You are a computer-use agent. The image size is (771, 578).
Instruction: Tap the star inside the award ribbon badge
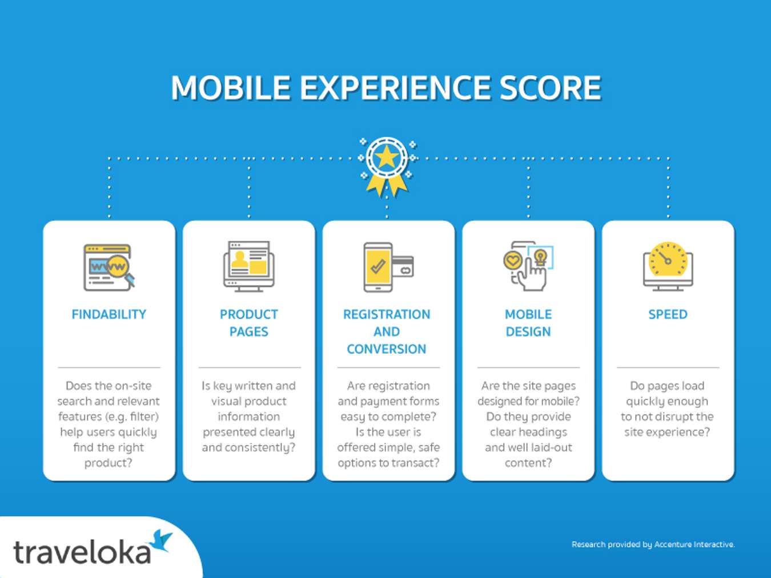tap(387, 157)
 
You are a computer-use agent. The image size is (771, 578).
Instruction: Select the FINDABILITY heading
tap(109, 314)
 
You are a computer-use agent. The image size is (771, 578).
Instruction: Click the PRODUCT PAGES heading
tap(248, 323)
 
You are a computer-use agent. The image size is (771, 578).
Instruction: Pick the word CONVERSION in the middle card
tap(386, 349)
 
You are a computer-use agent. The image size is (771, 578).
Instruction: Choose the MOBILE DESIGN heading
tap(528, 323)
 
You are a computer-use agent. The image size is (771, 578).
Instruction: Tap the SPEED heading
tap(668, 314)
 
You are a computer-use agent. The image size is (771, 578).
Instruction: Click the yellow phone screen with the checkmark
tap(378, 266)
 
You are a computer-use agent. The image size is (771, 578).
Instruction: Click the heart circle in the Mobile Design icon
tap(512, 261)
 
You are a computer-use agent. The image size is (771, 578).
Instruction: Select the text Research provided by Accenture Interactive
tap(653, 544)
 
